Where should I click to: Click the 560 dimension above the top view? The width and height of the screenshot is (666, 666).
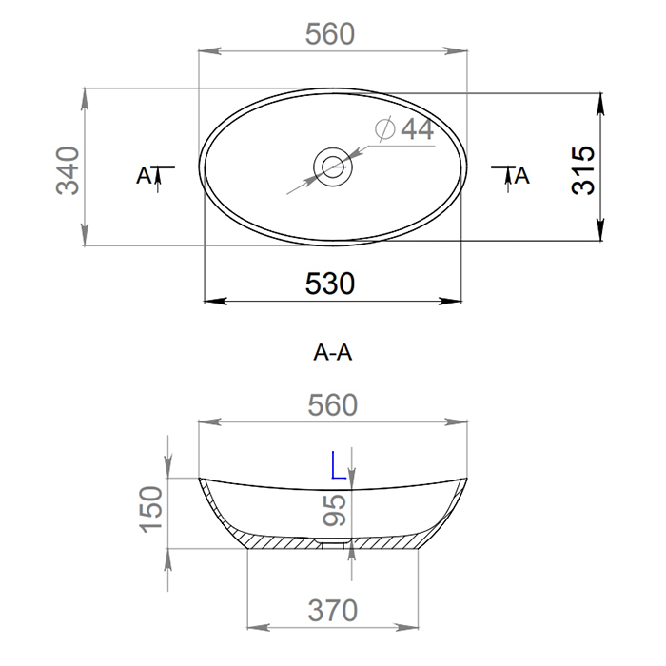[330, 34]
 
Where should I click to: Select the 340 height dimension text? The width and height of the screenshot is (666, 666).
[68, 170]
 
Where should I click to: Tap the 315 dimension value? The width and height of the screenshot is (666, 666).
[583, 170]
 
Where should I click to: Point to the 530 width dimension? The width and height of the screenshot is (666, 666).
[330, 284]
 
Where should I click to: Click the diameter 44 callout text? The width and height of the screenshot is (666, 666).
[417, 129]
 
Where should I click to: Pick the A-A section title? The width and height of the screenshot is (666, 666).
[333, 353]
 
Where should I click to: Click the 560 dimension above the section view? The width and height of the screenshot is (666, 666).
[333, 405]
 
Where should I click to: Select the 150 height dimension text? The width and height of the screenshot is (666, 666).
[151, 509]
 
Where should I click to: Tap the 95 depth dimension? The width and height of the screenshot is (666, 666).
[334, 510]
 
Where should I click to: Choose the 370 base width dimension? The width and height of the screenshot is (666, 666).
[333, 611]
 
